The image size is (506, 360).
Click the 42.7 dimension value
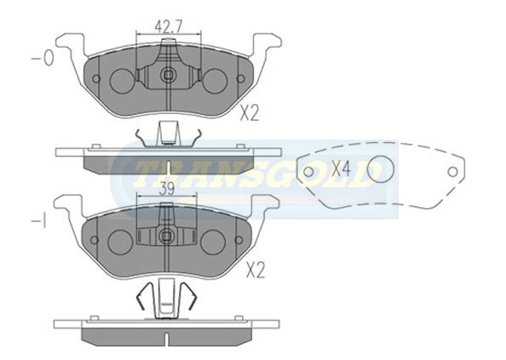click(x=169, y=26)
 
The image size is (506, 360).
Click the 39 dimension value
click(x=167, y=189)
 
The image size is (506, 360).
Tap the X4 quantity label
click(x=341, y=169)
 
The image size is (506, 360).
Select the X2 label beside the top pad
click(x=250, y=113)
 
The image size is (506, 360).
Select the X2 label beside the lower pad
click(x=256, y=271)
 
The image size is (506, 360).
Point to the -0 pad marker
click(x=43, y=59)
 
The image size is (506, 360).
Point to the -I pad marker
click(x=38, y=221)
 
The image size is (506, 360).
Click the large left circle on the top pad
click(x=122, y=82)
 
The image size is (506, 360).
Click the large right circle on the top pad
click(x=215, y=81)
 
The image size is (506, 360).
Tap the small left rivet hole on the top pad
click(x=96, y=78)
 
